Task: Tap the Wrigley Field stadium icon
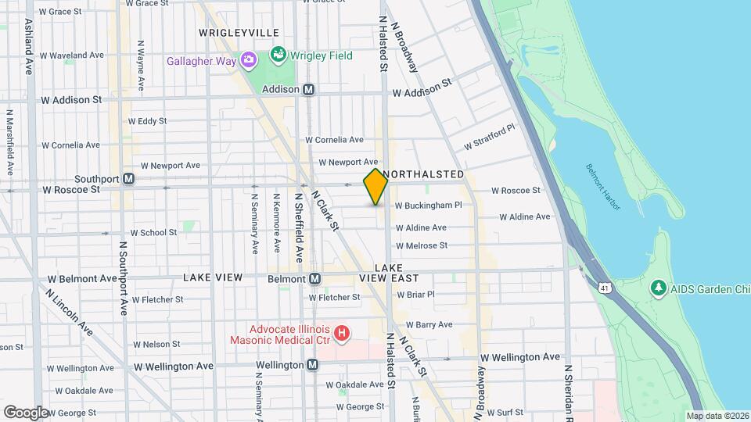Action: (x=277, y=55)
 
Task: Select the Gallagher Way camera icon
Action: (x=248, y=60)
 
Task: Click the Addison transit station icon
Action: (x=309, y=90)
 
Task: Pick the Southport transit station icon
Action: (x=128, y=179)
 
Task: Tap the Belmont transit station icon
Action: (x=314, y=279)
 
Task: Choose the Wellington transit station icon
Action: (x=312, y=365)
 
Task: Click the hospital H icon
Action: (x=341, y=334)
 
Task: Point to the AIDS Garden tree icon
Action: (x=658, y=288)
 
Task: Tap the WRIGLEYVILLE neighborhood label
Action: (x=239, y=32)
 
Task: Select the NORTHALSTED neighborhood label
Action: (x=426, y=173)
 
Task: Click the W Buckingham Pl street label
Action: (x=429, y=206)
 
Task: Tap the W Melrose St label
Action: (x=421, y=245)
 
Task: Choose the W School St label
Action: (x=153, y=233)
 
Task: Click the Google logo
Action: (x=26, y=411)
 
